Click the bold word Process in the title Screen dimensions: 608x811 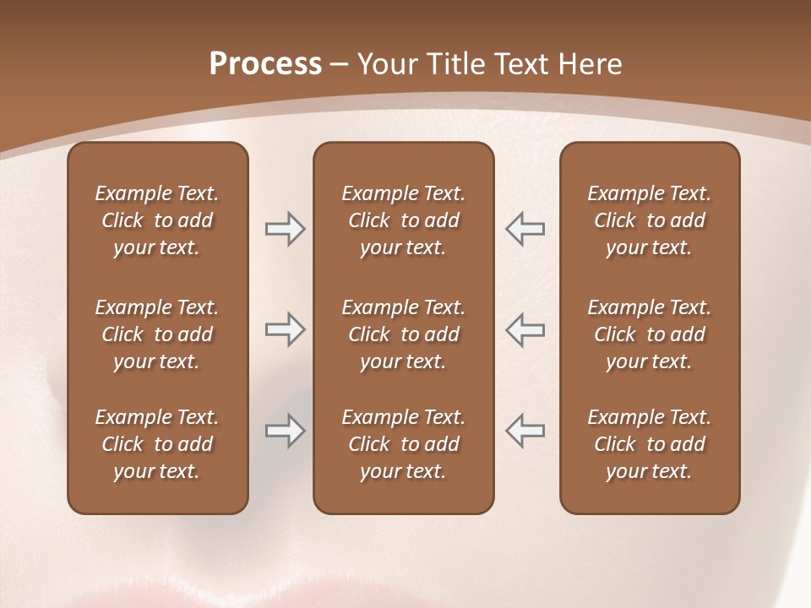[x=265, y=64]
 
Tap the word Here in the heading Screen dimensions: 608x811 [x=589, y=64]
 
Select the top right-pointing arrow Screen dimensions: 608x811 [x=285, y=229]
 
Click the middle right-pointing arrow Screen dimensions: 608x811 [x=285, y=329]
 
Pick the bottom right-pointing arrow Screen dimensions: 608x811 [x=285, y=431]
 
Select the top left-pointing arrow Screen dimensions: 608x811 [x=525, y=229]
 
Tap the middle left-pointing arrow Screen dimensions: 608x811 [x=525, y=329]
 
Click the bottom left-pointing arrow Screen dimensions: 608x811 [x=525, y=431]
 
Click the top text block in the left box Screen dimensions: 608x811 [x=157, y=220]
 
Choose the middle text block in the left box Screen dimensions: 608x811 [x=157, y=334]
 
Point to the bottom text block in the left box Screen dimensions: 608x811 [x=157, y=444]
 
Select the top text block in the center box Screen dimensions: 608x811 [x=403, y=220]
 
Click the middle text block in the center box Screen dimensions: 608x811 [x=403, y=334]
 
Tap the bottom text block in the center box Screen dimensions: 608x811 [x=403, y=444]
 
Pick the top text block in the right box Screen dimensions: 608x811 [x=649, y=220]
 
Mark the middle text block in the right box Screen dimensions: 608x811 [x=649, y=334]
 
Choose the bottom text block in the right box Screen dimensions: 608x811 [x=649, y=444]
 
